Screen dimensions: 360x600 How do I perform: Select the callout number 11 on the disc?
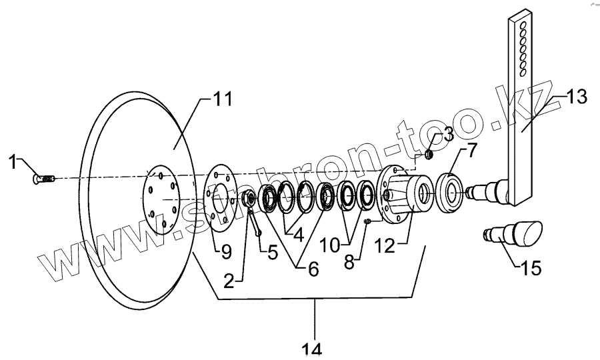(221, 101)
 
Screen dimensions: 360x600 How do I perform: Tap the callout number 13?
(577, 97)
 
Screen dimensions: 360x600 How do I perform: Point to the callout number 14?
(311, 349)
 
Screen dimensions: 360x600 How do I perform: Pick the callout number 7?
(472, 151)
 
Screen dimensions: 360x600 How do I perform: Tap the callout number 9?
(225, 251)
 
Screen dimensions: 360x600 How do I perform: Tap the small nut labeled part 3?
(430, 155)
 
